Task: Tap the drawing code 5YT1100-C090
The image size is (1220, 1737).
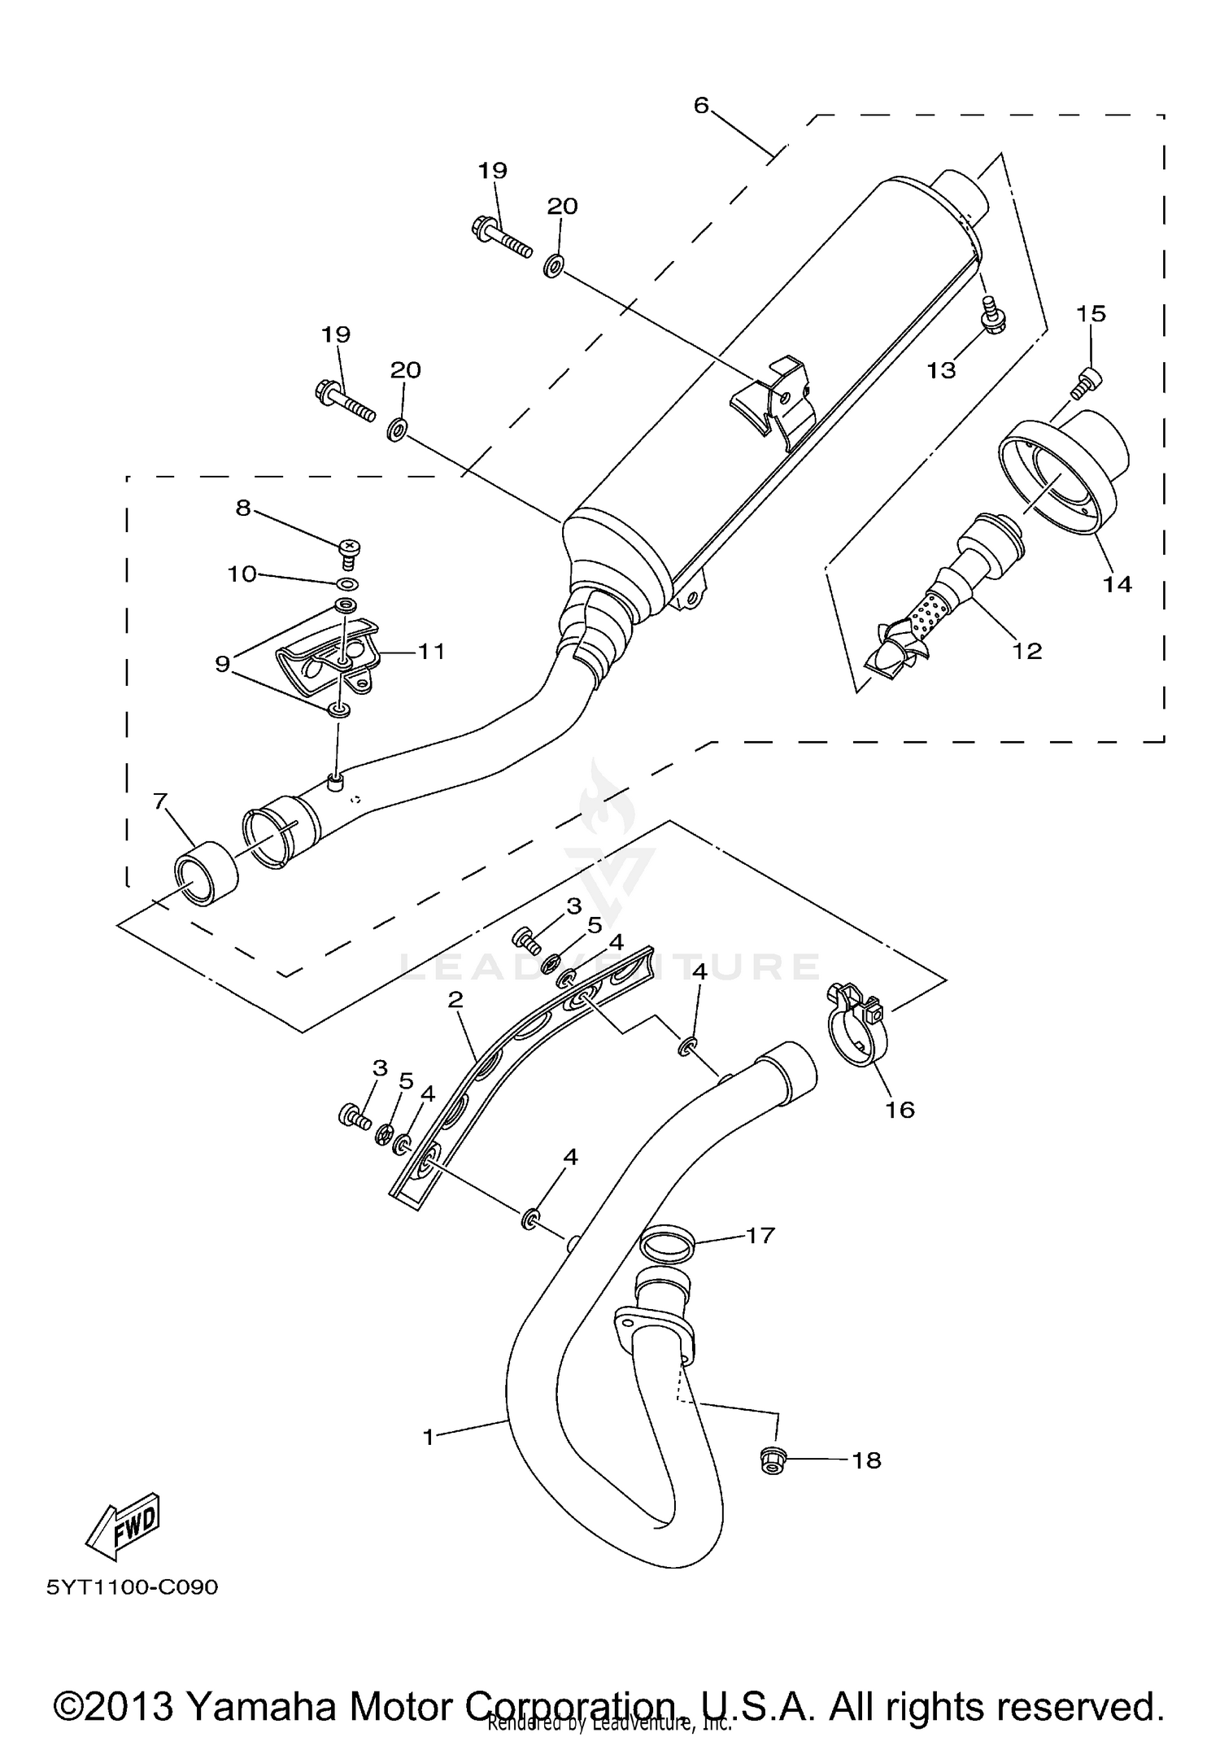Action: pos(133,1587)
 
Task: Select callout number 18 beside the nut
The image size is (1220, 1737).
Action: pos(867,1460)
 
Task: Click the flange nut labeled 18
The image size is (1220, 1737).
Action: pos(771,1460)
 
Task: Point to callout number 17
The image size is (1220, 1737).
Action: pos(760,1235)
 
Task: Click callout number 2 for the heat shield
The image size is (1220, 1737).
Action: pos(455,1000)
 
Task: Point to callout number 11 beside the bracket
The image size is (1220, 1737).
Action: pos(431,651)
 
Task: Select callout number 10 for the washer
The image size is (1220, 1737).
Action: pos(242,574)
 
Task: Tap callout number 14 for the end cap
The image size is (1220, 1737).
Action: pos(1118,583)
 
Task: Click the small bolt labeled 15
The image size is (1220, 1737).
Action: pos(1087,382)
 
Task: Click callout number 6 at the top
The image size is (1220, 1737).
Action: pos(702,105)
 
